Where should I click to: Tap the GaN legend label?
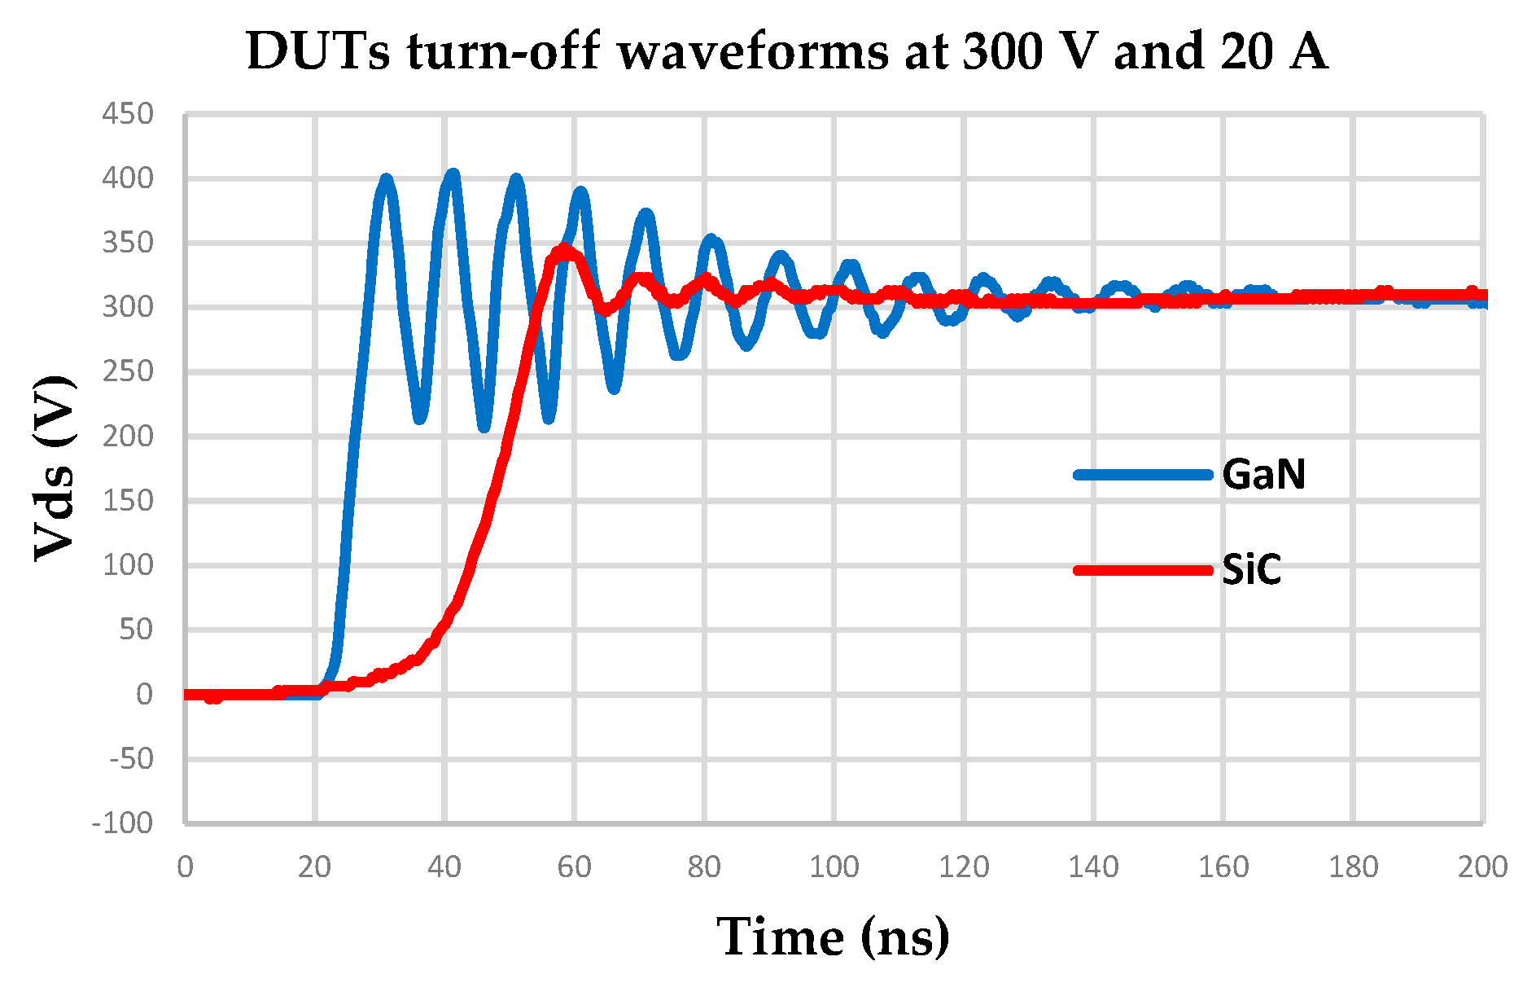click(1263, 474)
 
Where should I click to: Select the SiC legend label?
click(1251, 569)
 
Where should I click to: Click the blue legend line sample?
click(1143, 474)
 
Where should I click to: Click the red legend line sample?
click(1143, 569)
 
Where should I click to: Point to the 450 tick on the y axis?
click(128, 114)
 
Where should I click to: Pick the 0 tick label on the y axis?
click(144, 694)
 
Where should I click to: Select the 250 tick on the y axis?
click(128, 371)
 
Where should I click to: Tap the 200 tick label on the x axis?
click(1482, 867)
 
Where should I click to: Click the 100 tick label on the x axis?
click(834, 867)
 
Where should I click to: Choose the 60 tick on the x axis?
click(574, 867)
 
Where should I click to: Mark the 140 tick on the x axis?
click(1093, 867)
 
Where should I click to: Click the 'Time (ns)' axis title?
click(833, 937)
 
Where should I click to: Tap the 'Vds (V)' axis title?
click(55, 468)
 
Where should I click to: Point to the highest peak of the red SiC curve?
click(563, 249)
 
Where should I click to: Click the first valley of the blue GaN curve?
click(420, 418)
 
